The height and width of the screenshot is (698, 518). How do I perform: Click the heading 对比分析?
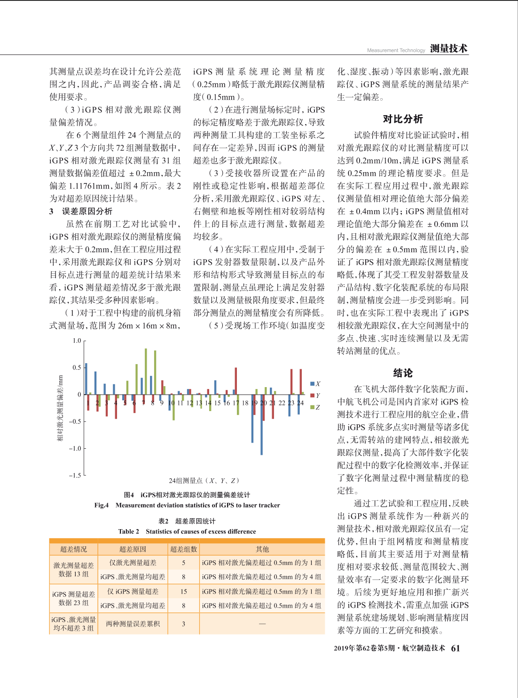(x=403, y=119)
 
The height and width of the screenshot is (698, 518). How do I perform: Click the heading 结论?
(x=403, y=373)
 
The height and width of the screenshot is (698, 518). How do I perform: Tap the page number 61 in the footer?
(x=455, y=648)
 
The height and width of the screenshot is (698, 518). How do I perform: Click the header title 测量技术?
(x=449, y=48)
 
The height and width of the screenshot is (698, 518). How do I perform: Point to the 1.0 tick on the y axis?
(x=77, y=341)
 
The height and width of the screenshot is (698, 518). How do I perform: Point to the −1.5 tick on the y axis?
(x=75, y=476)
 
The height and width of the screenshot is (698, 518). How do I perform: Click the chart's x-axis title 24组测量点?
(x=204, y=481)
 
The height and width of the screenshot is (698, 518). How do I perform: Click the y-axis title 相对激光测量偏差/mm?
(x=60, y=408)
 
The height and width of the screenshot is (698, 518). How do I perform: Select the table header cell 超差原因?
(x=133, y=549)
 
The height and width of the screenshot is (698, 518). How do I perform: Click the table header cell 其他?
(x=262, y=549)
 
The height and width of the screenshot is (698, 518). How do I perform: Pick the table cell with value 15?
(x=183, y=592)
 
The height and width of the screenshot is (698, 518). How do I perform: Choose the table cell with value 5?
(x=183, y=563)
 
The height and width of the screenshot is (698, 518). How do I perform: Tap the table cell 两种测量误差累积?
(x=133, y=624)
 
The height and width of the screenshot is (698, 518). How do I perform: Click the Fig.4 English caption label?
(x=102, y=505)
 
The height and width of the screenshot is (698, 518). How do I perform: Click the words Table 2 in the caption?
(x=129, y=531)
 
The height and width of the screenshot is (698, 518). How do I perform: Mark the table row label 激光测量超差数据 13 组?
(x=73, y=570)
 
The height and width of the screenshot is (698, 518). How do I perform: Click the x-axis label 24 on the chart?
(x=300, y=403)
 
